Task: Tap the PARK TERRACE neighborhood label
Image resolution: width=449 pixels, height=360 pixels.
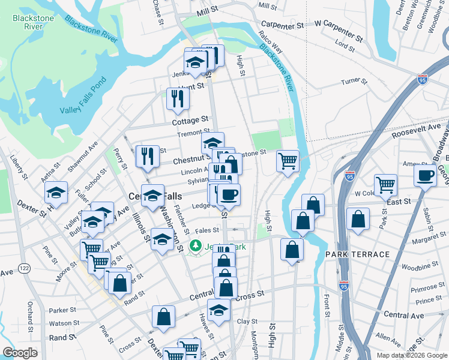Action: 357,254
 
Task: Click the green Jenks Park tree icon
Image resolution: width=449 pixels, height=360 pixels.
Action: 195,245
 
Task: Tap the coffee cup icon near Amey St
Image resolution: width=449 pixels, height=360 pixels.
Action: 426,176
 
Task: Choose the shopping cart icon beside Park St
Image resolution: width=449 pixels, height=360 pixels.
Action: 385,184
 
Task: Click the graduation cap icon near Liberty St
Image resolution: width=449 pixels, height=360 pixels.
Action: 56,192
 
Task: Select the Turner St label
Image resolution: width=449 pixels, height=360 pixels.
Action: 353,82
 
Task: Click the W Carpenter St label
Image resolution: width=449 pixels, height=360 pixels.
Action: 339,24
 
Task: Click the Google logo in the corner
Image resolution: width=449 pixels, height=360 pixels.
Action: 20,353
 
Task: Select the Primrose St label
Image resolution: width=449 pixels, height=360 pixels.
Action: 428,288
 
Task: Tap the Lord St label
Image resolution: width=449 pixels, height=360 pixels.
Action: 345,44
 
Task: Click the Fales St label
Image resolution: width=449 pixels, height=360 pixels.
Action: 206,229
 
